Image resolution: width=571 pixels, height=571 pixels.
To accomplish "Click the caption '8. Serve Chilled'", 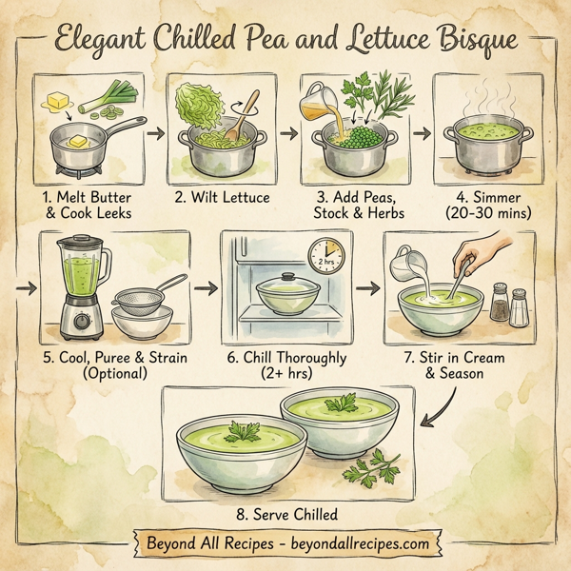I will [x=285, y=515].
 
